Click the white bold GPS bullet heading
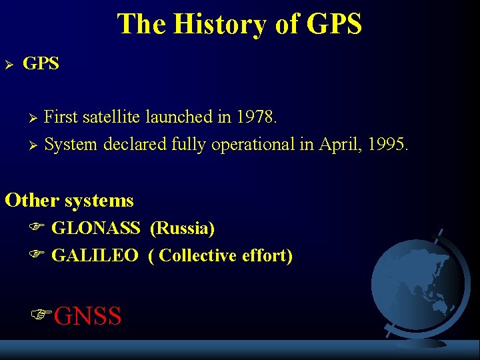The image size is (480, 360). tap(41, 64)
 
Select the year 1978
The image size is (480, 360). tap(255, 117)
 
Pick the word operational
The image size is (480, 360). tap(253, 144)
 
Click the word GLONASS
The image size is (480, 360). tap(95, 229)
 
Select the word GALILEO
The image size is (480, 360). tap(95, 255)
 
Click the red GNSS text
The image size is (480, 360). tap(87, 316)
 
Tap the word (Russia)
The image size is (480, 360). tap(182, 229)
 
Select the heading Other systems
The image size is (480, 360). tap(69, 200)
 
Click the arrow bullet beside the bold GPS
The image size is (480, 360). tap(9, 65)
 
